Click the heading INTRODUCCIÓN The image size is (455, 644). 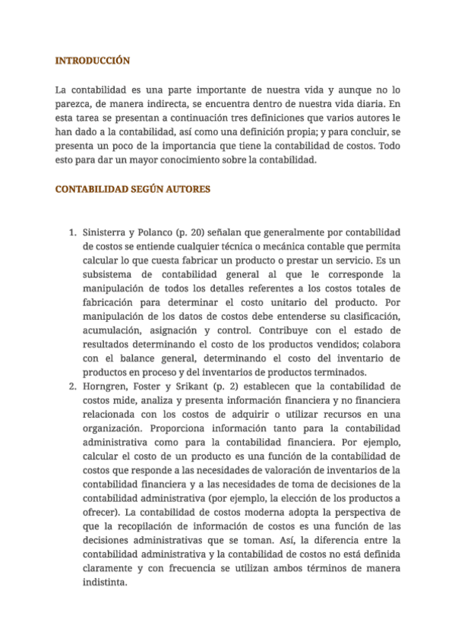[x=93, y=60]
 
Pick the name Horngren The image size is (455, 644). [x=107, y=386]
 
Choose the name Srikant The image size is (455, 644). [x=186, y=386]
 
